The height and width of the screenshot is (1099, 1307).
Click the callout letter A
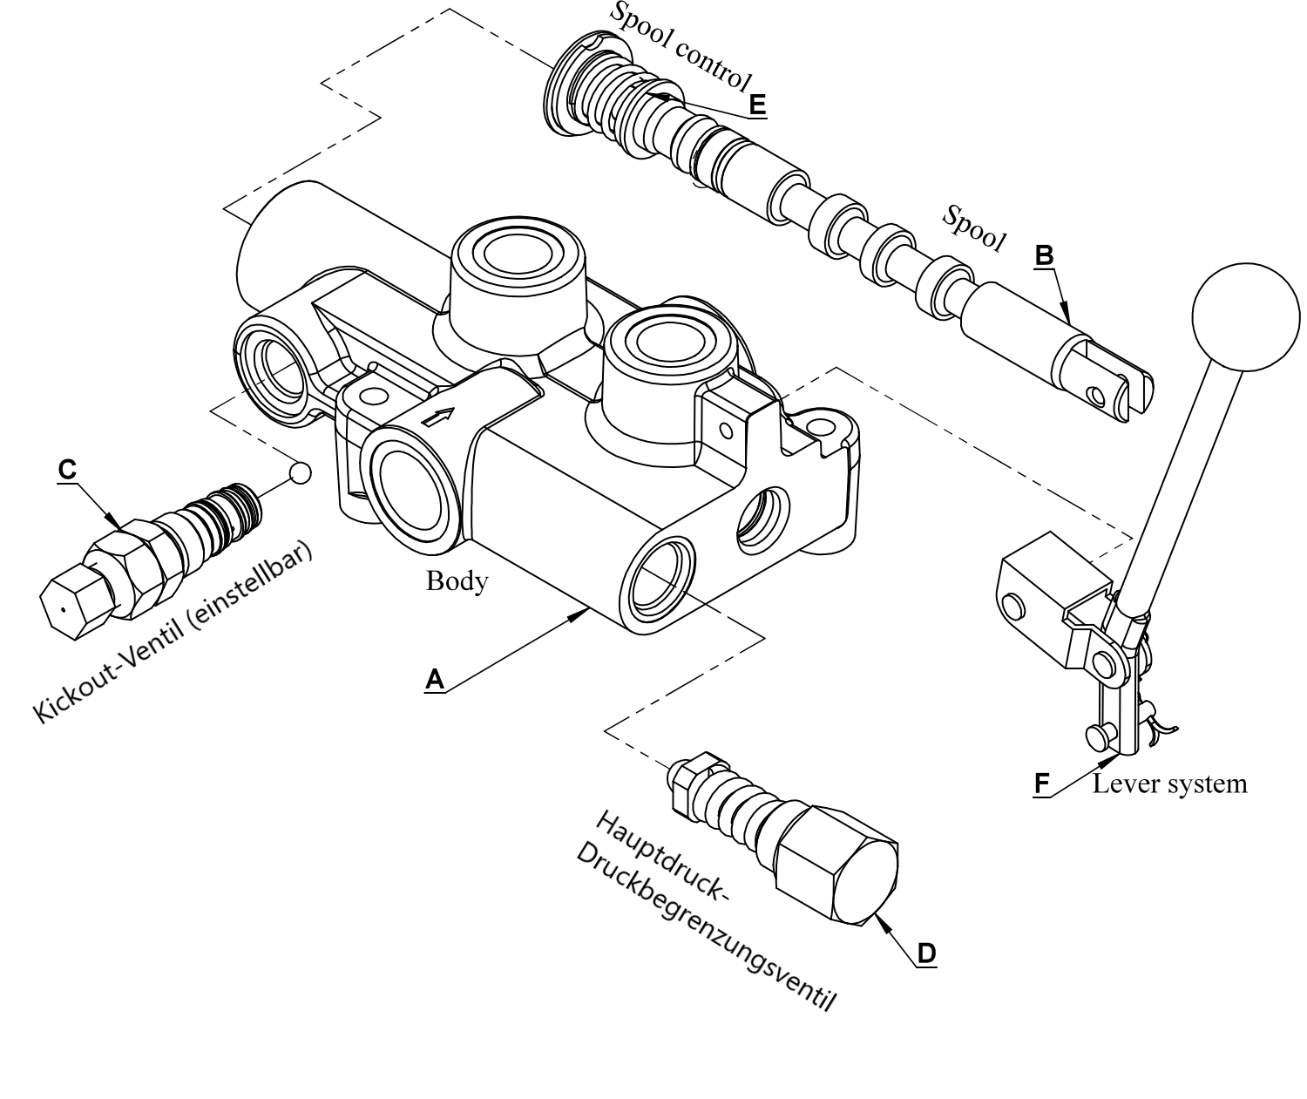pyautogui.click(x=435, y=679)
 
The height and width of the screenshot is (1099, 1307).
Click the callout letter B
pyautogui.click(x=1044, y=255)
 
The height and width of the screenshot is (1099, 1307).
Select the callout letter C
pyautogui.click(x=67, y=469)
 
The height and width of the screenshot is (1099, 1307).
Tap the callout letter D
pyautogui.click(x=926, y=953)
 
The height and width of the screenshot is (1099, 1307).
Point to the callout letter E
pyautogui.click(x=757, y=105)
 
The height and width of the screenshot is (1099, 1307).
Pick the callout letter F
pyautogui.click(x=1041, y=783)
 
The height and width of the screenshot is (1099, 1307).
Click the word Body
pyautogui.click(x=457, y=580)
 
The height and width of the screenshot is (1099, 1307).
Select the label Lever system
pyautogui.click(x=1169, y=784)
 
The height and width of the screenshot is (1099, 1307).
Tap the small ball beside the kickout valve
pyautogui.click(x=300, y=473)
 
